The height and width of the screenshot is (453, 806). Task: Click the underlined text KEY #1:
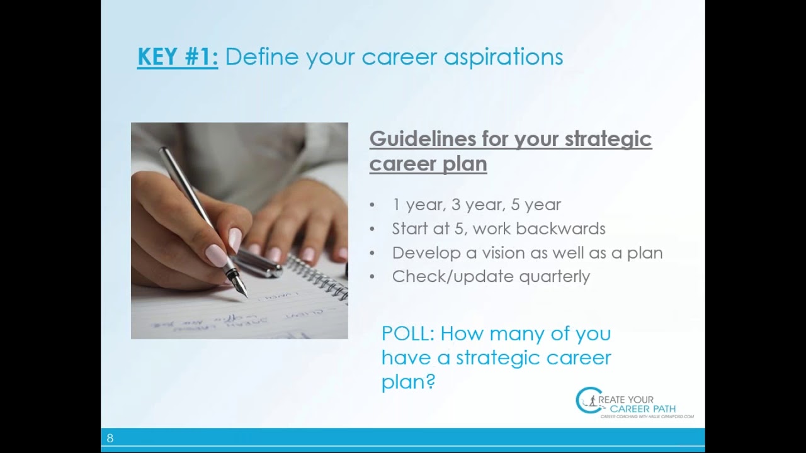tap(178, 57)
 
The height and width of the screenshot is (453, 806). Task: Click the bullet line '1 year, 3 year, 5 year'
tap(476, 205)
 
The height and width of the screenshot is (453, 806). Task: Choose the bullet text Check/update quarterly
tap(491, 277)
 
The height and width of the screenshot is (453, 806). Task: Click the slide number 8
tap(110, 439)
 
